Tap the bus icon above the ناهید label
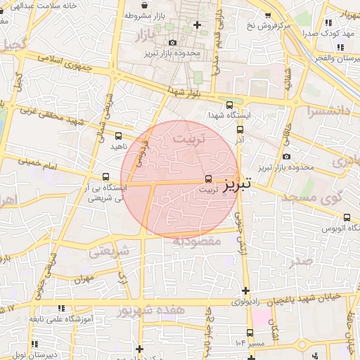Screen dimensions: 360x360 (117, 136)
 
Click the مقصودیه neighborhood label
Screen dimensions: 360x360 (198, 240)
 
